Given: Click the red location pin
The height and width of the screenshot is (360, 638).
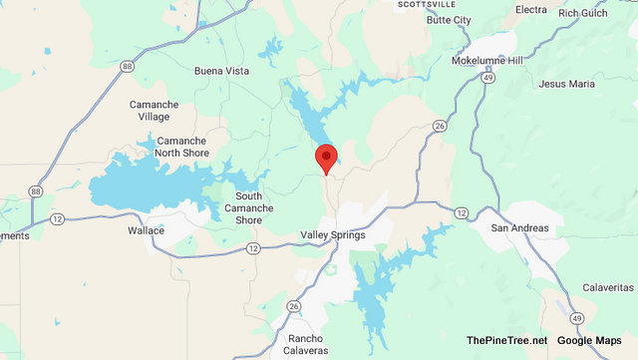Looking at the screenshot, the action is click(326, 159).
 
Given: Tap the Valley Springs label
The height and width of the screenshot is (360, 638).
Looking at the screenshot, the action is click(333, 235).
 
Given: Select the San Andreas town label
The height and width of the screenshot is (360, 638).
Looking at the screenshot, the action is click(519, 227).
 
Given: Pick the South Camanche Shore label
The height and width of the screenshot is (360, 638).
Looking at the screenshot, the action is click(249, 207).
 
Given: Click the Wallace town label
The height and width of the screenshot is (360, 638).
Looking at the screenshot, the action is click(146, 230).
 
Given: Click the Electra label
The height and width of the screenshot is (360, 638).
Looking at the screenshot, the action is click(531, 10).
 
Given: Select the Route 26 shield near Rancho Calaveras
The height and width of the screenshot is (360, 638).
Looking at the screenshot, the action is click(293, 306).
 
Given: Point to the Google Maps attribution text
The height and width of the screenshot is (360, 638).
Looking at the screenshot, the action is click(589, 342).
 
